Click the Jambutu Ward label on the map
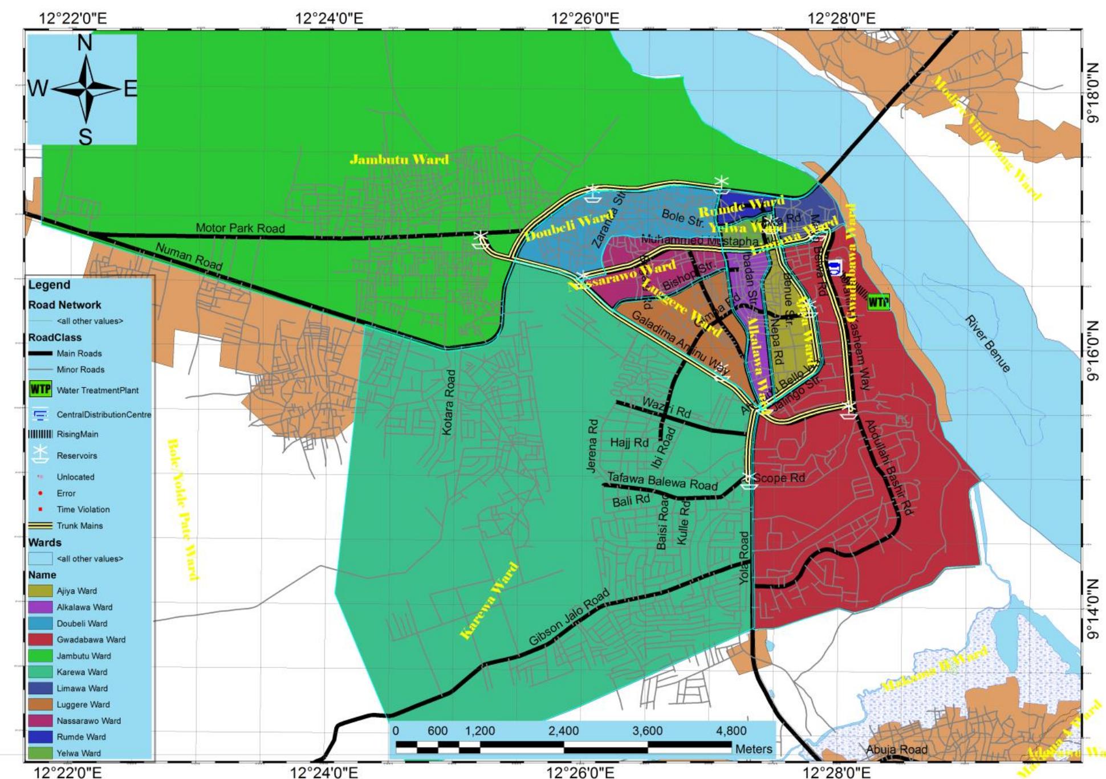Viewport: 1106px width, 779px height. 399,159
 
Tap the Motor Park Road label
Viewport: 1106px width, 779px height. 240,228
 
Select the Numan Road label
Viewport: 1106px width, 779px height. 189,256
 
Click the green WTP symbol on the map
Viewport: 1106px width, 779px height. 879,302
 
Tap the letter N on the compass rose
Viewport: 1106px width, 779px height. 84,43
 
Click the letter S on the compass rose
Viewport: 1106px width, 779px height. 85,137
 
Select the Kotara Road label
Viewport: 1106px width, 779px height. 449,402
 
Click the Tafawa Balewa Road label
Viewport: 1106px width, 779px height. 662,482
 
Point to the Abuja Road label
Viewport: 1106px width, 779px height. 897,749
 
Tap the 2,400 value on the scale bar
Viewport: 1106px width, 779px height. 563,731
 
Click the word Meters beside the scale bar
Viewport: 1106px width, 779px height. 754,749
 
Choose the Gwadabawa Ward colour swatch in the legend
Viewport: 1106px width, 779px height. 40,639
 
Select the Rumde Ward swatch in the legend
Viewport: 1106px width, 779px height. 40,737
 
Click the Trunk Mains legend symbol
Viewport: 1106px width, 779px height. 40,525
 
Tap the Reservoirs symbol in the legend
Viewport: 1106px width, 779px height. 40,455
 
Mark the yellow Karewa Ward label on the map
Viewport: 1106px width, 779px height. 489,601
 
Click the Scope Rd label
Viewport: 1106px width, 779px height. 779,478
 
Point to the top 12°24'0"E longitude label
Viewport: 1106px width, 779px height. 329,18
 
